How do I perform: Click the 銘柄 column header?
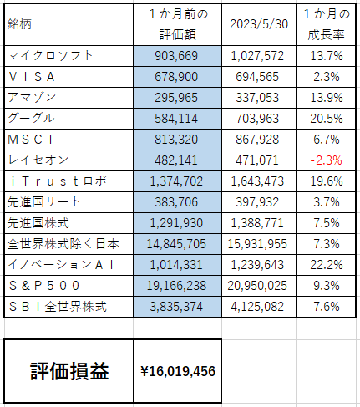pos(19,24)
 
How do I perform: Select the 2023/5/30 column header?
pos(259,24)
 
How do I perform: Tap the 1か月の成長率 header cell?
pos(326,24)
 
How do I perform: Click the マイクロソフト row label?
pos(50,55)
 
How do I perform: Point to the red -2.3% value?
pos(326,160)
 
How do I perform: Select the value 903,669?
pos(176,56)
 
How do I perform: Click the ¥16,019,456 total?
pos(178,371)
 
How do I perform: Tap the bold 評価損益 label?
pos(69,371)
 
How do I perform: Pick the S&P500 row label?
pos(44,286)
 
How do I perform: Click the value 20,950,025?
pos(257,286)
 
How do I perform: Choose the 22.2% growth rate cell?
pos(327,265)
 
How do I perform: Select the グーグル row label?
pos(31,118)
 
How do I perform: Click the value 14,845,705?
pos(176,244)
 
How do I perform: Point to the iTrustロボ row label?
pos(58,181)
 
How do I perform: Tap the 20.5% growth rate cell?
pos(327,119)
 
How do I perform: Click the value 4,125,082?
pos(257,307)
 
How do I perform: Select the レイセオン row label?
pos(38,160)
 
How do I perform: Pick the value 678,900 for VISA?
pos(176,77)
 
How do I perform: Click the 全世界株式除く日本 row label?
pos(63,244)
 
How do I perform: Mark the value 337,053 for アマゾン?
pos(257,98)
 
